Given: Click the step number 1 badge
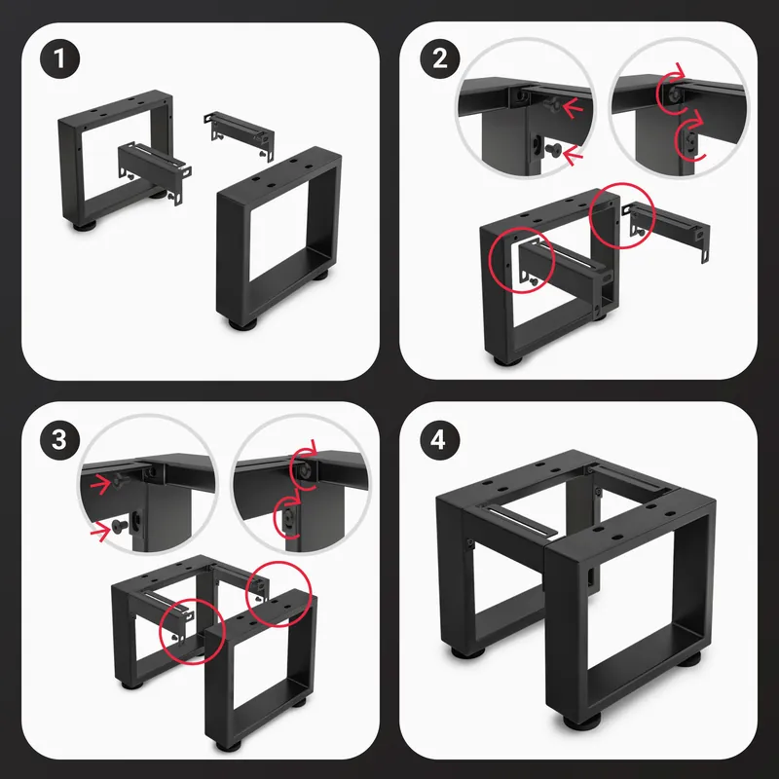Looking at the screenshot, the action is point(59,58).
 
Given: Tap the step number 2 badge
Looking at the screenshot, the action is point(440,58).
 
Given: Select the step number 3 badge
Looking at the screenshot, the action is point(59,440).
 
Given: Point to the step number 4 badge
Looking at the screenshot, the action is point(440,440).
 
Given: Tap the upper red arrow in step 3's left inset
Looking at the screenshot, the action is point(102,484).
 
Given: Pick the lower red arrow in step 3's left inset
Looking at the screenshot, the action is point(101,533).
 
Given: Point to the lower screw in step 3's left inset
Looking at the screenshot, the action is point(120,526).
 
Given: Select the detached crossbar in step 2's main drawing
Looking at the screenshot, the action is point(665,229).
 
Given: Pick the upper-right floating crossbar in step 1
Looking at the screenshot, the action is point(239,134).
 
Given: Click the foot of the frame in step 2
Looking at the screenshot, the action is point(506,360).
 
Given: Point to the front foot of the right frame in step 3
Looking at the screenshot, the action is point(229,745).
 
